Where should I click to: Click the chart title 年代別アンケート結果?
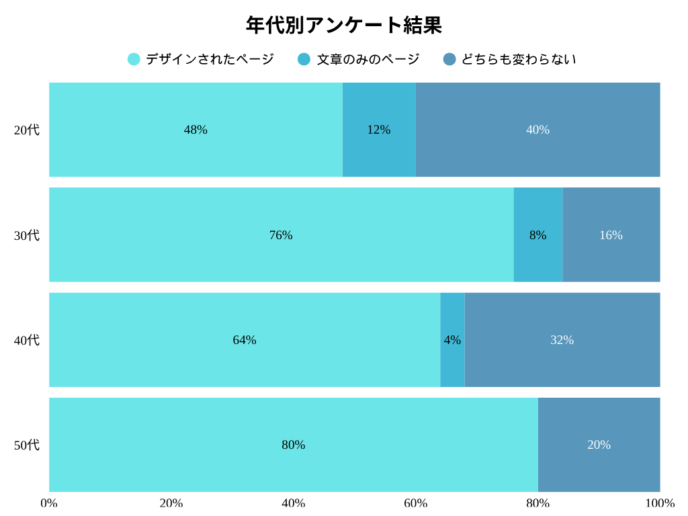click(x=343, y=26)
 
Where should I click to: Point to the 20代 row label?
click(x=27, y=130)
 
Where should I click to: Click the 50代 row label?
click(x=27, y=445)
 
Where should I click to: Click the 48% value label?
click(x=196, y=130)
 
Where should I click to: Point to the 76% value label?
click(x=281, y=235)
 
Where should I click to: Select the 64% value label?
click(x=245, y=340)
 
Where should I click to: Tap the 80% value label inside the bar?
click(x=293, y=445)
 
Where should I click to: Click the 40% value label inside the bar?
click(x=537, y=130)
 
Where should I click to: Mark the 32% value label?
click(x=562, y=340)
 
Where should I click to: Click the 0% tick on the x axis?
click(x=49, y=503)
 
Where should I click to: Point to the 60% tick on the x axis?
click(x=415, y=503)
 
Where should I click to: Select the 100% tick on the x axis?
click(x=660, y=503)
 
